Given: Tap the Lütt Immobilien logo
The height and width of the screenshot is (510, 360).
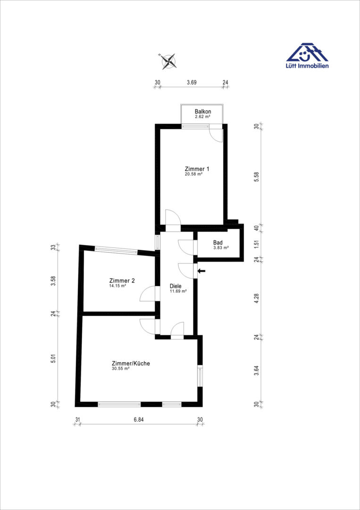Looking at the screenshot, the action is (x=307, y=56).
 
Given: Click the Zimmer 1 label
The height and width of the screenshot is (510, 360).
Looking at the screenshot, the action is (x=197, y=169).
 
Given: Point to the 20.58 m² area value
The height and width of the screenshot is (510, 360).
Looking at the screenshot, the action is (x=193, y=174).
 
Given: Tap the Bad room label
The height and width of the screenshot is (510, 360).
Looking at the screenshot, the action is (x=218, y=242).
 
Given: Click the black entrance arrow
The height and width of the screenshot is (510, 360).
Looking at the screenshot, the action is (x=201, y=271).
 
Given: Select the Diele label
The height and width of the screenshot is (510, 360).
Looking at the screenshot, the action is (x=176, y=286).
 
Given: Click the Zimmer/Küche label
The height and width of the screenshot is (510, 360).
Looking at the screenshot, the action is (x=131, y=363).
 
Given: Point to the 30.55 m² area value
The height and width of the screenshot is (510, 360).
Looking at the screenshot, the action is (x=121, y=368).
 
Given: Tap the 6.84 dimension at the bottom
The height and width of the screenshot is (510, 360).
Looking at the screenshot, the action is (x=138, y=419).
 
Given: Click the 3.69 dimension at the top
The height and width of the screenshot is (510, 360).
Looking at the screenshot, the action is (x=192, y=82).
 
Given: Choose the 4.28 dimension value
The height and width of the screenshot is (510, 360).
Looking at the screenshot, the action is (x=257, y=298).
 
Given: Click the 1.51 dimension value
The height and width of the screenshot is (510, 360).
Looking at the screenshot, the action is (x=257, y=245).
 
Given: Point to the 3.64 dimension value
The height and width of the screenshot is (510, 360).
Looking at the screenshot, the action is (x=257, y=371).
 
